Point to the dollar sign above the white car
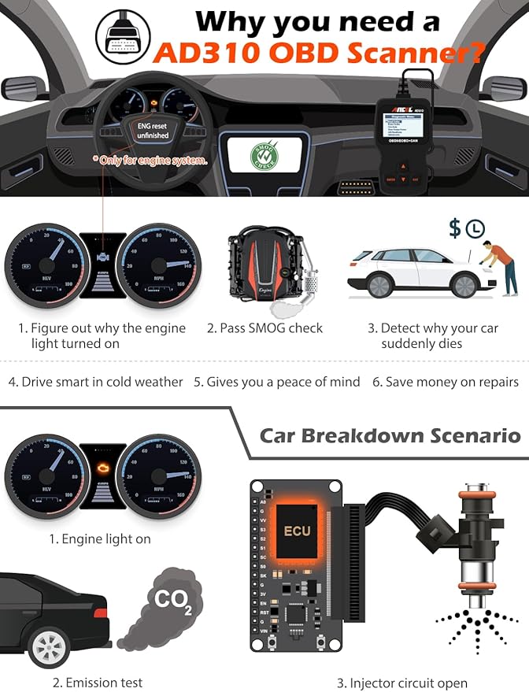(454, 229)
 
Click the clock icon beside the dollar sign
(475, 229)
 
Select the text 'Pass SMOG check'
(265, 328)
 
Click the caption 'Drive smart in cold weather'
(95, 382)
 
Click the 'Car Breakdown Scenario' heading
(390, 435)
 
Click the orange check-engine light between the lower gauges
(102, 468)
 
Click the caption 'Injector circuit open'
(401, 683)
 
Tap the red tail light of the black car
(100, 612)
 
